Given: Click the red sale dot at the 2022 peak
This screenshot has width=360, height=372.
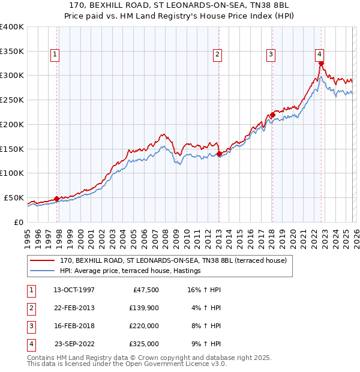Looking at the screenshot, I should click(322, 63).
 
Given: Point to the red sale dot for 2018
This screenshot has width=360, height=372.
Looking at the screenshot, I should click(272, 115).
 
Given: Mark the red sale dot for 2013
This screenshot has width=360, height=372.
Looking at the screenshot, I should click(219, 154).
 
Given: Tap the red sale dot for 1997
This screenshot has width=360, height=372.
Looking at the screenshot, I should click(56, 199).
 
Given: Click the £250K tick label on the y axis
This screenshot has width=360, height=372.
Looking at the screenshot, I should click(12, 100).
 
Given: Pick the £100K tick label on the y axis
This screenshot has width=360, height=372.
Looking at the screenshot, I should click(12, 173).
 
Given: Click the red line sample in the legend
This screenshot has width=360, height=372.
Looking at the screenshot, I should click(43, 261).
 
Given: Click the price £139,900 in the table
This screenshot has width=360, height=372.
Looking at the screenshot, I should click(143, 307).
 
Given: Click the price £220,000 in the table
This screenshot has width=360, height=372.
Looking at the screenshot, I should click(143, 326).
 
